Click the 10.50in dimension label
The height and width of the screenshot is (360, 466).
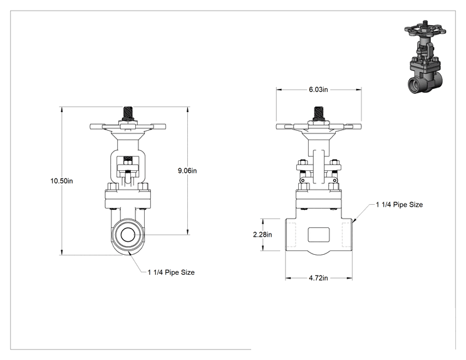[61, 181]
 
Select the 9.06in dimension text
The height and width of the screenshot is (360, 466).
[187, 171]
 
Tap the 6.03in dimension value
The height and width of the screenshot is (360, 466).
[318, 90]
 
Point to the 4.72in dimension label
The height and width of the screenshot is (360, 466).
[318, 278]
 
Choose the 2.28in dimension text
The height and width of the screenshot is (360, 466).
[262, 235]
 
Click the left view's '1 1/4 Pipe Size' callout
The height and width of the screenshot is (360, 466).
[171, 272]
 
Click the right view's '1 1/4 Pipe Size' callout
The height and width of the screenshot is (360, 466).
[399, 205]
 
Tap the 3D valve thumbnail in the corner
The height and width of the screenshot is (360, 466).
[425, 56]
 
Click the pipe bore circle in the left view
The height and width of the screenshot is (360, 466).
[128, 235]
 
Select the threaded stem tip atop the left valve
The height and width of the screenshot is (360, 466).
[128, 113]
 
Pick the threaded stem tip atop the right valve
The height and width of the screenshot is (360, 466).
[319, 113]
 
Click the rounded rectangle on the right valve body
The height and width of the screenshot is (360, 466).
[318, 235]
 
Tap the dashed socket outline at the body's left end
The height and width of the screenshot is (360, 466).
[291, 235]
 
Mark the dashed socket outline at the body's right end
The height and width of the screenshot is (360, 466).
[347, 235]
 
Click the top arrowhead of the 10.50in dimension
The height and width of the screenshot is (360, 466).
[62, 110]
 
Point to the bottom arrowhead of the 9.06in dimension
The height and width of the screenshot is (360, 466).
[187, 232]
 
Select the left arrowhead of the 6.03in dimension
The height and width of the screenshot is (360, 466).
[279, 90]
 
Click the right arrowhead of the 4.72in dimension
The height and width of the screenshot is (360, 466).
[349, 278]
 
